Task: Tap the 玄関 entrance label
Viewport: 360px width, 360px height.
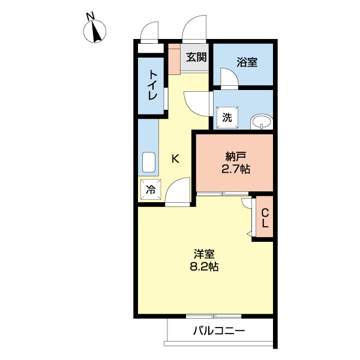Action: point(196,58)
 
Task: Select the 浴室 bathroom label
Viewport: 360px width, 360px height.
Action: point(247,61)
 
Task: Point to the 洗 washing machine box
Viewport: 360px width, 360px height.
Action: point(227,117)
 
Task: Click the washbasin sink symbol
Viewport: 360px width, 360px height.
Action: point(261,121)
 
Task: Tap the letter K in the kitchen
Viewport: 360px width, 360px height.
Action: point(176,158)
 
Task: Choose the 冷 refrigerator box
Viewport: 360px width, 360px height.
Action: point(151,190)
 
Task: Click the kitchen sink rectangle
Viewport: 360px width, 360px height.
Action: point(148,163)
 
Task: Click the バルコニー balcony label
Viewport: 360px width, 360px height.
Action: point(219,331)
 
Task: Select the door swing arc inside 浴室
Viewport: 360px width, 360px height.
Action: point(229,78)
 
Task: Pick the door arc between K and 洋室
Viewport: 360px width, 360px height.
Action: point(178,194)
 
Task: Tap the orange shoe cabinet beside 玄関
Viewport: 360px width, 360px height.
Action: point(174,58)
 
